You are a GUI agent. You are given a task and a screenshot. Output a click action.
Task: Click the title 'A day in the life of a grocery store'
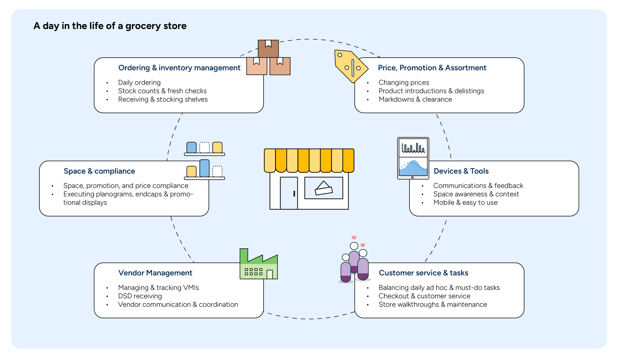tap(110, 26)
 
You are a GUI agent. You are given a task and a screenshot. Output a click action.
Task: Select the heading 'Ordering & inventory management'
tap(179, 68)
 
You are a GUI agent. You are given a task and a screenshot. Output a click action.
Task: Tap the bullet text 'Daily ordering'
tap(139, 83)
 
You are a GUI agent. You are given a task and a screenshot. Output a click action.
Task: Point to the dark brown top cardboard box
tap(268, 49)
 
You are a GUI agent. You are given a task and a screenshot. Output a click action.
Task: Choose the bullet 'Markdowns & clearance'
tap(415, 99)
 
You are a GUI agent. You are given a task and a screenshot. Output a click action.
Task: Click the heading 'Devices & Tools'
tap(461, 171)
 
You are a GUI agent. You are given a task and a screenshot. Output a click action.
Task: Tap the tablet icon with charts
tap(413, 158)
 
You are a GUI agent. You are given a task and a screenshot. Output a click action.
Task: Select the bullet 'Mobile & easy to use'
tap(465, 203)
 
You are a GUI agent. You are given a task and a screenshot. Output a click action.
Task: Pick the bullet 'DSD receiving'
tap(140, 296)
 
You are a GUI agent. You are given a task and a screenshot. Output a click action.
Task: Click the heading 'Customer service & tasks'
tap(423, 273)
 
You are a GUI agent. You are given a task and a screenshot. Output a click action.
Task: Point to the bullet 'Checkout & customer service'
tap(424, 296)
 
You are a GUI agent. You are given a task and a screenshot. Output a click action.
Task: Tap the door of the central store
tap(289, 193)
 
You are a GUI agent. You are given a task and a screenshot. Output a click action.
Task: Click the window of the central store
tap(324, 188)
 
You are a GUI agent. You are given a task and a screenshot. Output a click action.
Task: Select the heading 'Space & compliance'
tap(99, 171)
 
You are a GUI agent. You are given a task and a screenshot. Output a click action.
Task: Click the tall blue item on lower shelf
tap(204, 168)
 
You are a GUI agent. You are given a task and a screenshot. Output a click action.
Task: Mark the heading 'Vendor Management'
tap(155, 273)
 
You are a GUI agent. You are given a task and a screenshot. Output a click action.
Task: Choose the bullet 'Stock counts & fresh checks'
tap(162, 91)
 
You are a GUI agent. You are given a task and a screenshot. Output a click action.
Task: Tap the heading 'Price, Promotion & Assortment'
tap(432, 68)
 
